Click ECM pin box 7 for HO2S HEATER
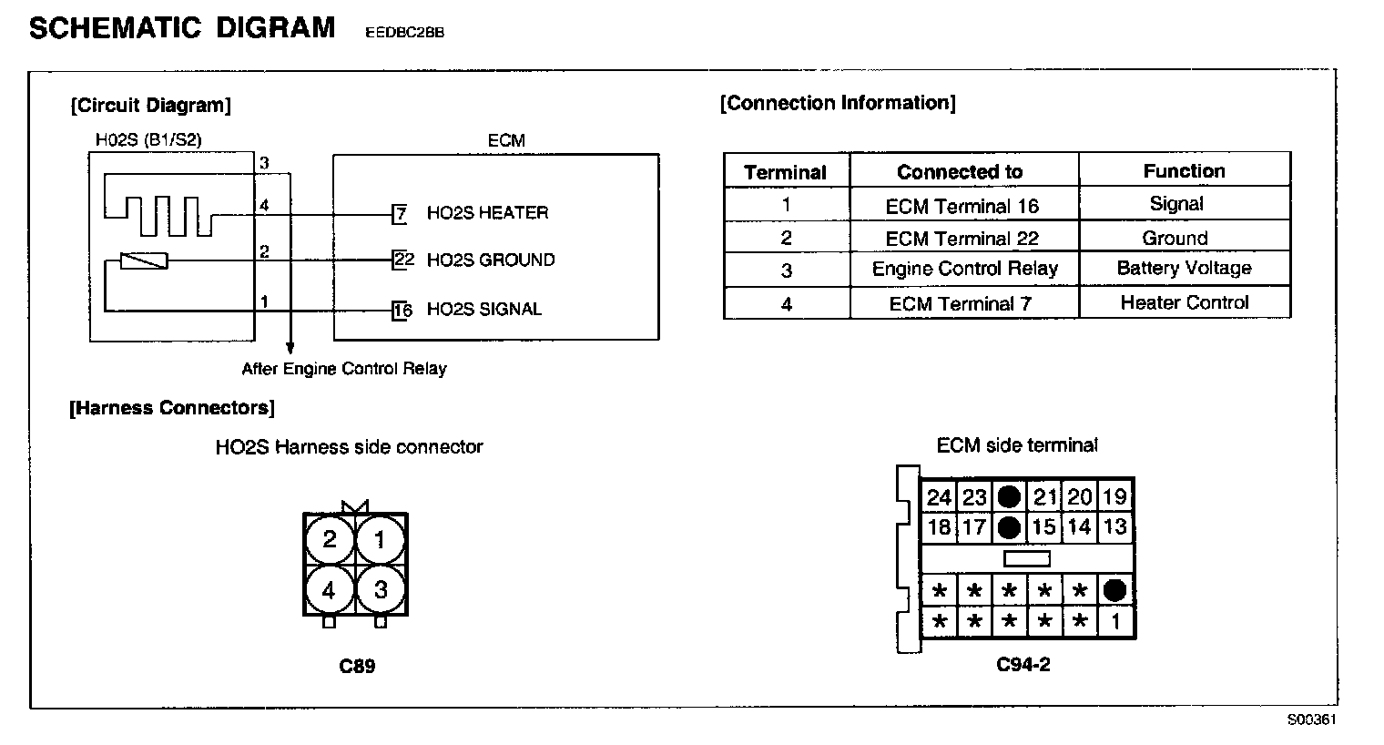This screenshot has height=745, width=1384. [x=400, y=214]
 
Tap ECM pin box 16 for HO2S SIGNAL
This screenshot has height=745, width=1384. [x=402, y=310]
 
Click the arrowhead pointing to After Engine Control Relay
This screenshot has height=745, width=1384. [x=290, y=348]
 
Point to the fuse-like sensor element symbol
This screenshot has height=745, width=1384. [x=145, y=261]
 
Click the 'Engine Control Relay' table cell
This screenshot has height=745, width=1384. [x=964, y=270]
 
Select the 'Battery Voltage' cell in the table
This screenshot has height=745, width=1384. [x=1184, y=269]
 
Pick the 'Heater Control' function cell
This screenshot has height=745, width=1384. [x=1184, y=303]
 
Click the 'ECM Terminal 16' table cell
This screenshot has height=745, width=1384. [x=962, y=206]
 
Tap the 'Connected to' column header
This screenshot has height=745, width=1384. [x=960, y=172]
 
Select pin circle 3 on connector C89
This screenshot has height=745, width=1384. [x=381, y=590]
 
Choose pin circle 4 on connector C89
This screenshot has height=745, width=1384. [x=329, y=591]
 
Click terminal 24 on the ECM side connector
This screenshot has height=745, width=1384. [x=939, y=497]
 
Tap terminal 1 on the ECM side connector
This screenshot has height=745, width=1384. [x=1115, y=622]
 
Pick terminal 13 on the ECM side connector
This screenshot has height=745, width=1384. [x=1115, y=527]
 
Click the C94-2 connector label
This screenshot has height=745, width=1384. [x=1023, y=664]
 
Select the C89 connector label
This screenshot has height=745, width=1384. [x=357, y=666]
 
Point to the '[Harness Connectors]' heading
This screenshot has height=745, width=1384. [x=172, y=408]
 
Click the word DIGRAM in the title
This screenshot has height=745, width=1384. [x=276, y=28]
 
